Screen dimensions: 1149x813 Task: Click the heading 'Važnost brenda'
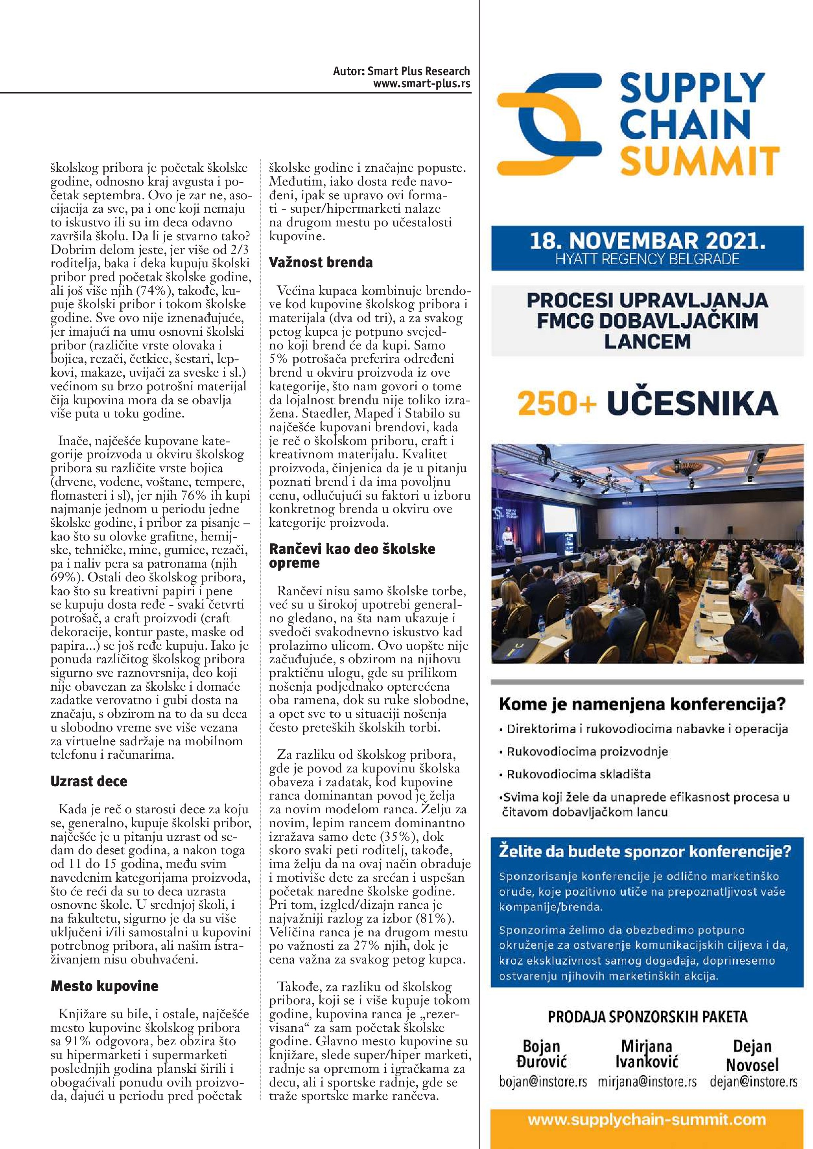[x=321, y=262]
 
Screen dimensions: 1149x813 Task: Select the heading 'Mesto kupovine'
[x=104, y=986]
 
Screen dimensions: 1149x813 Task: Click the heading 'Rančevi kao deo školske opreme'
[x=352, y=555]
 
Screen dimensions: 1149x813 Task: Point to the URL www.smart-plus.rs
[x=422, y=84]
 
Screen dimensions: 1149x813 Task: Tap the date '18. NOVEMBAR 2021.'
[x=647, y=242]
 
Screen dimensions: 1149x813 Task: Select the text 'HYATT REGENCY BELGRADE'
[x=647, y=259]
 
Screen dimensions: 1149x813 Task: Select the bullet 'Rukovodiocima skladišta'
[x=578, y=775]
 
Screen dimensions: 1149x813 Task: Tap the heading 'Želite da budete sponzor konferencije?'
[x=645, y=851]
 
